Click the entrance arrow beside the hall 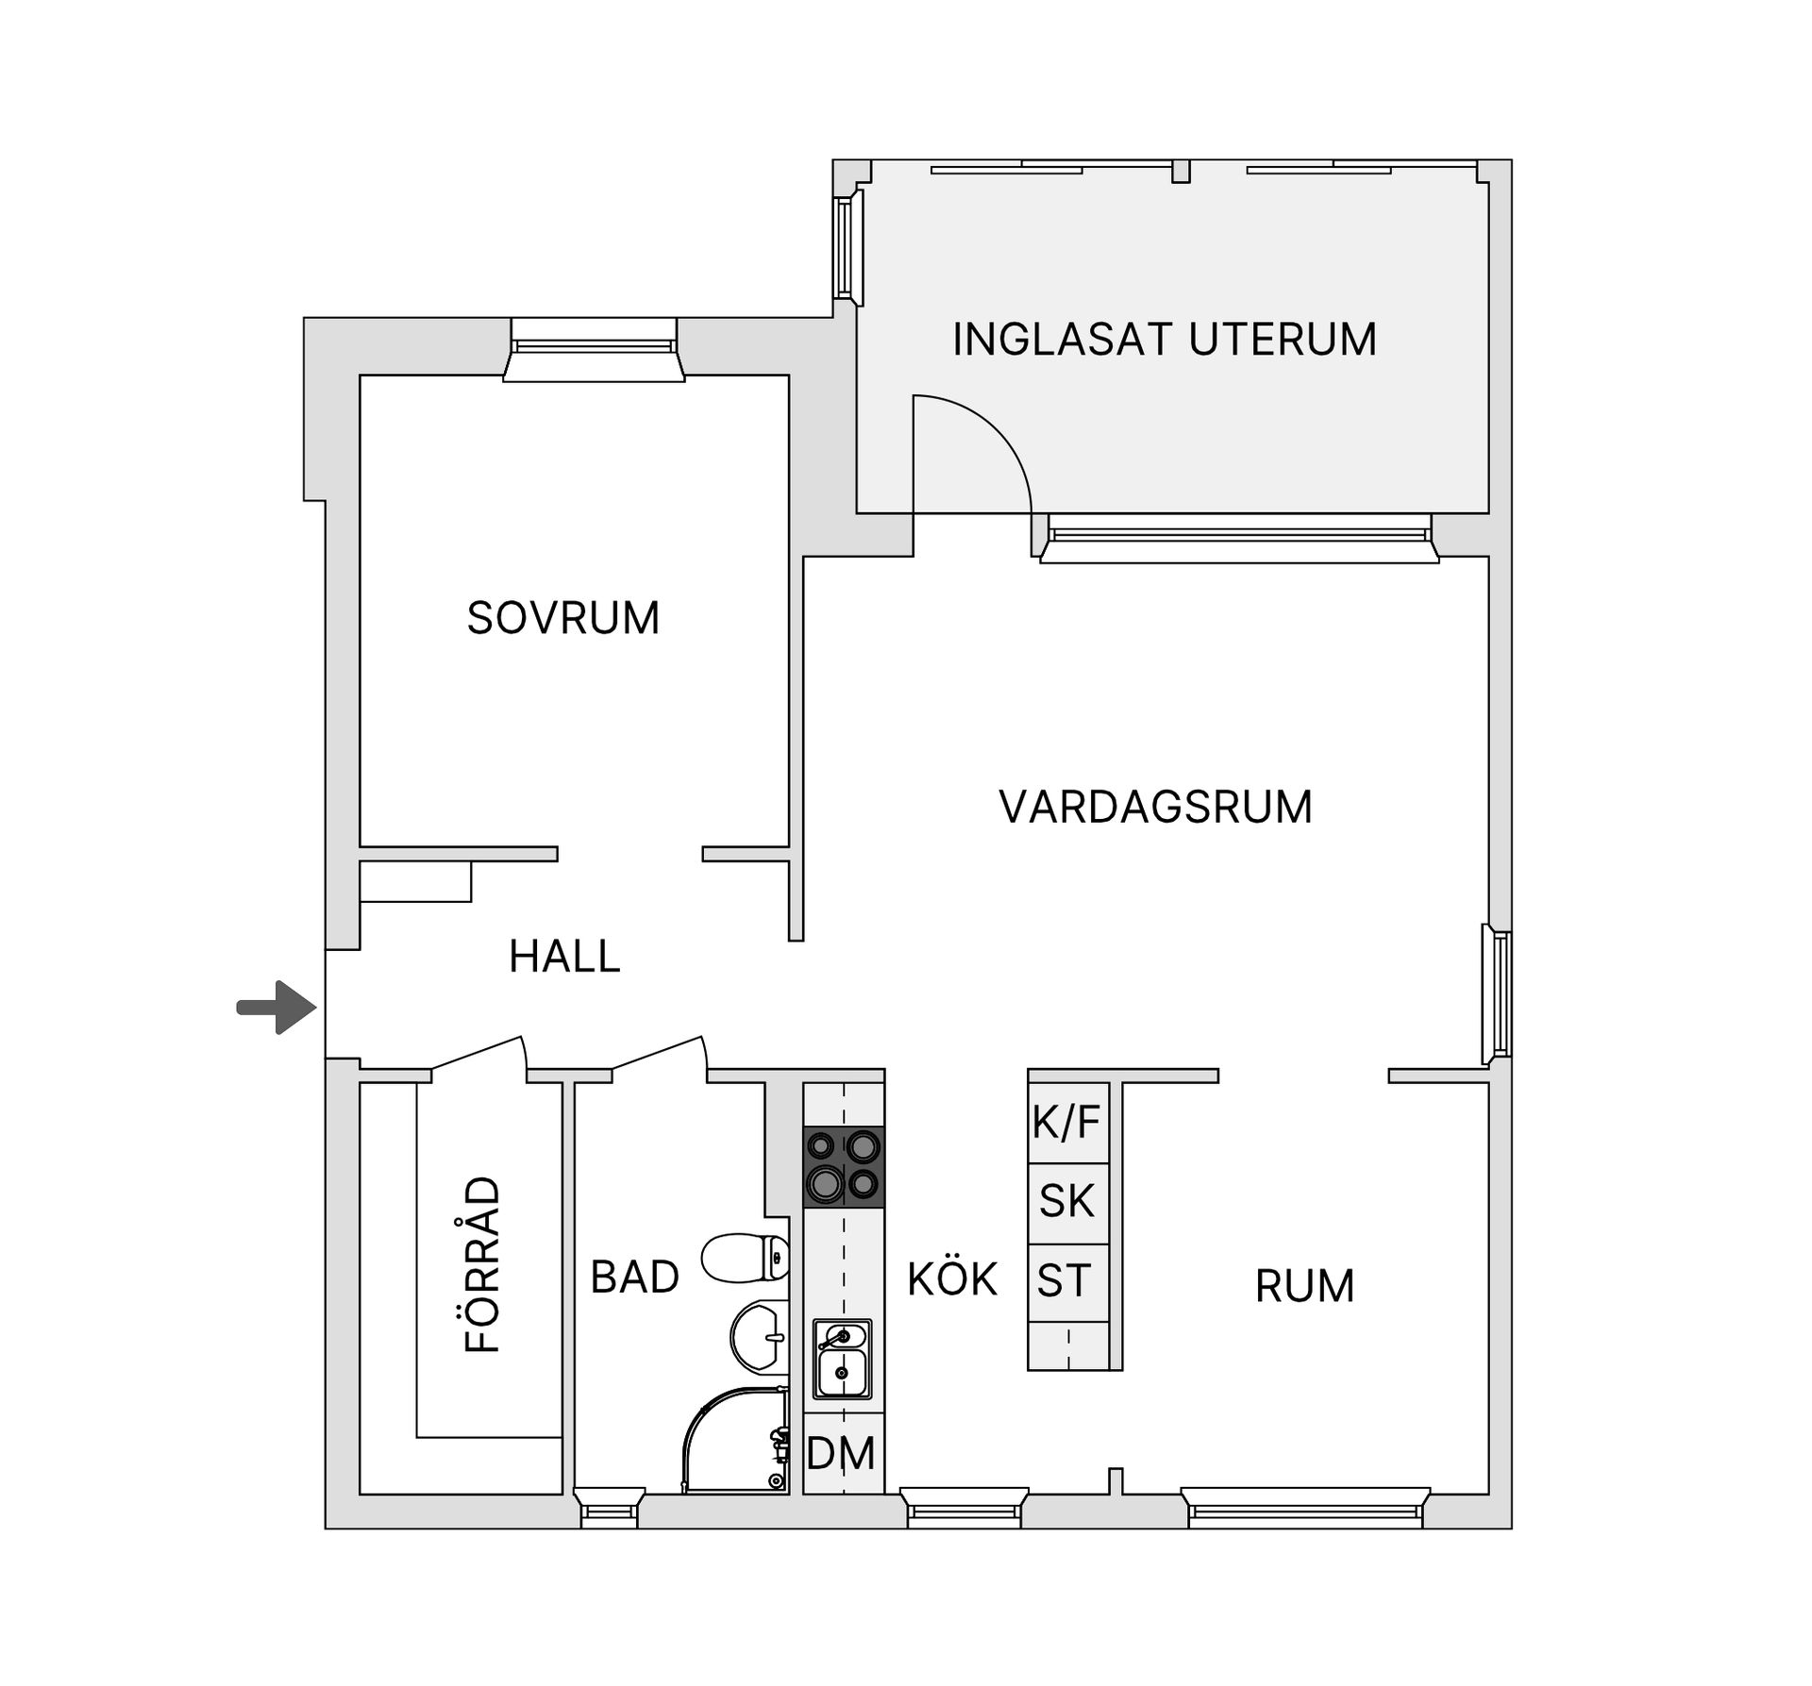(x=277, y=1008)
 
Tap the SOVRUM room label (x=562, y=618)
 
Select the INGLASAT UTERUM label (x=1164, y=340)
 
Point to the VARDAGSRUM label (x=1155, y=808)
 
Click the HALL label (x=564, y=957)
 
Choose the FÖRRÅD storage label (x=483, y=1264)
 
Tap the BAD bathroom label (x=634, y=1277)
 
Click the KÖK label (x=951, y=1279)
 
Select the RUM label (x=1304, y=1286)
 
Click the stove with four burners (x=844, y=1167)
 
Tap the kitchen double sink (x=843, y=1360)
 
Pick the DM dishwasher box (x=843, y=1453)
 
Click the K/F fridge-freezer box (x=1067, y=1123)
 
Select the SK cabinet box (x=1067, y=1202)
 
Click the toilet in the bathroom (x=746, y=1259)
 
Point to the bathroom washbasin (x=761, y=1337)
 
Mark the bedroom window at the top (x=594, y=349)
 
